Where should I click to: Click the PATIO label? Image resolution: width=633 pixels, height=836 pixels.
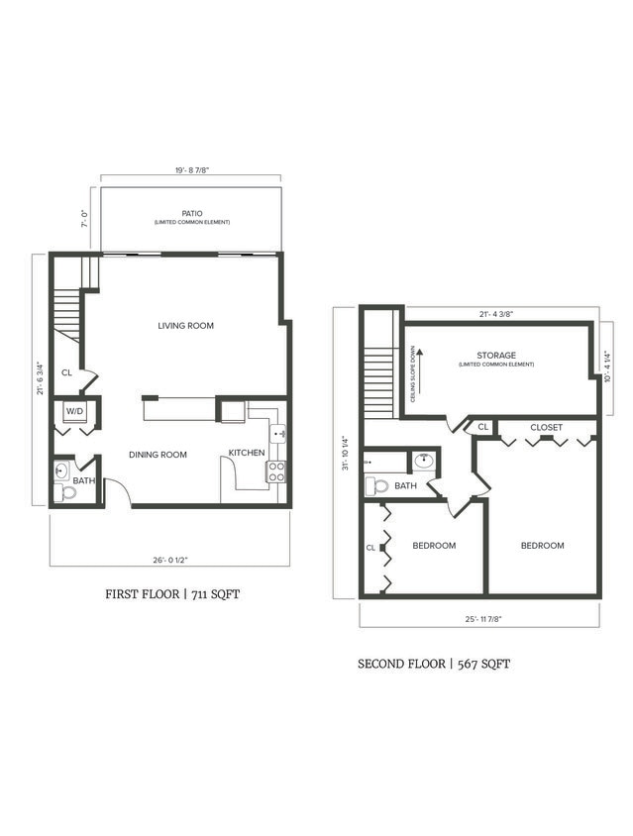tap(191, 212)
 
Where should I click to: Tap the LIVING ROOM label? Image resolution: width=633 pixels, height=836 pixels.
tap(186, 326)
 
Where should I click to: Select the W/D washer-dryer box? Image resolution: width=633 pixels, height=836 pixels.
tap(75, 411)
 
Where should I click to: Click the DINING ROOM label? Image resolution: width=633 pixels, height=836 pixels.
tap(158, 456)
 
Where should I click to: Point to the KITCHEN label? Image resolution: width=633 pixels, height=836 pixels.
tap(247, 454)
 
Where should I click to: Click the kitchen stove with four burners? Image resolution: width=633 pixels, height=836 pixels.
tap(276, 472)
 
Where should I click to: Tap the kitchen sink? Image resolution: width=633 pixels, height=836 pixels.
tap(278, 433)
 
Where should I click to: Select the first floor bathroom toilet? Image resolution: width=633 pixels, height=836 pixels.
tap(66, 492)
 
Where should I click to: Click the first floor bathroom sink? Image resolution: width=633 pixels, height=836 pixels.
tap(61, 471)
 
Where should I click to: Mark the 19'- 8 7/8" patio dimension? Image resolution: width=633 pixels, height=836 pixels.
tap(191, 170)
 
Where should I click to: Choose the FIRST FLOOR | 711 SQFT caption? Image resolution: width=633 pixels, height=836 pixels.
tap(173, 594)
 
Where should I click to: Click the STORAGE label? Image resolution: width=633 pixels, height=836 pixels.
tap(495, 356)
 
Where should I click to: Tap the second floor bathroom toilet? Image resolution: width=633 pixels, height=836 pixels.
tap(376, 486)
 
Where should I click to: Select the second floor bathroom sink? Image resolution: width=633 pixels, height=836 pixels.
tap(424, 461)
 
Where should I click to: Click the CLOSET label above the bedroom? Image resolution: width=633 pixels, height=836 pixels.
tap(546, 428)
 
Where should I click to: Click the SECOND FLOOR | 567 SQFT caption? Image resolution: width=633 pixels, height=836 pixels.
tap(434, 664)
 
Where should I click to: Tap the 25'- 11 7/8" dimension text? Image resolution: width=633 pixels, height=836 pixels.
tap(479, 620)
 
